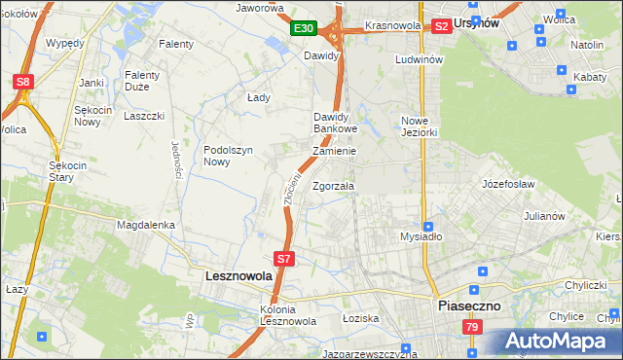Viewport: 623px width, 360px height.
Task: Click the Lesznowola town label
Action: click(x=239, y=276)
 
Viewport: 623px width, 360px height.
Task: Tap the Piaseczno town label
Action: click(x=467, y=305)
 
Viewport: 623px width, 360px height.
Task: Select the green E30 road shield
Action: click(x=302, y=29)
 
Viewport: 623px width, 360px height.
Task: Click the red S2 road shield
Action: click(x=441, y=26)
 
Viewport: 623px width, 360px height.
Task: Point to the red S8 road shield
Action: click(x=23, y=83)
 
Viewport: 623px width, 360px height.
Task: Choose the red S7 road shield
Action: click(x=283, y=259)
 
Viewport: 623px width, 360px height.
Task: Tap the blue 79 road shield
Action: click(x=471, y=327)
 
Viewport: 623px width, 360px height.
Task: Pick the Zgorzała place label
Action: click(x=334, y=186)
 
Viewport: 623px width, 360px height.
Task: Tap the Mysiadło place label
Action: click(x=421, y=236)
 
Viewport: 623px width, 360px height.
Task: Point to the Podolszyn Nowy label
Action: click(x=229, y=156)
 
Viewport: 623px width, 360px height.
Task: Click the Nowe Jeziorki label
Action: click(x=421, y=126)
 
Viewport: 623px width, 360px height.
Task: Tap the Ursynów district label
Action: click(x=503, y=23)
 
